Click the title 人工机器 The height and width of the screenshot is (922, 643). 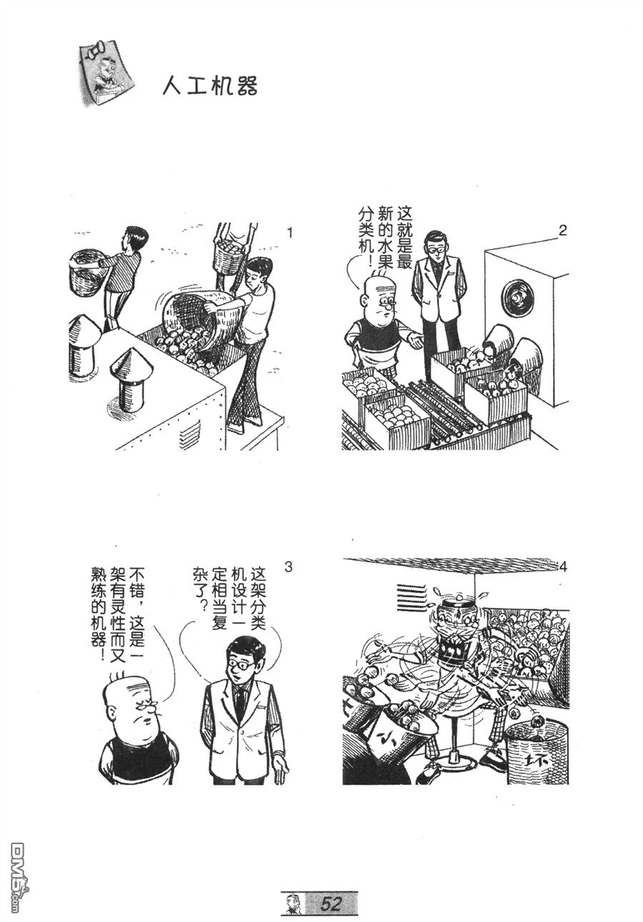click(x=210, y=86)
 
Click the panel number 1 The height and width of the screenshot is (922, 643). click(x=290, y=233)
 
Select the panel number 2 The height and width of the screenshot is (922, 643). click(x=563, y=230)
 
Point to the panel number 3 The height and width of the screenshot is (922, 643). click(x=288, y=567)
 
